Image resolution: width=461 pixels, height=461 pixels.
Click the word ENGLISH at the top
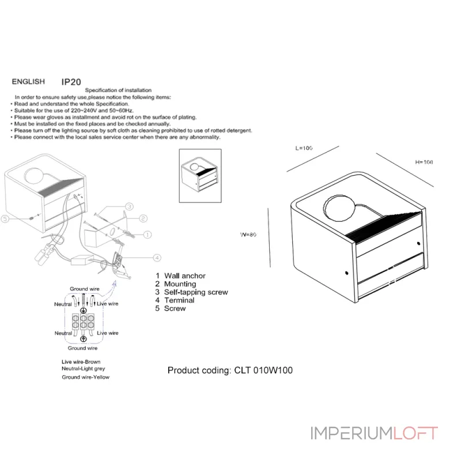(x=29, y=82)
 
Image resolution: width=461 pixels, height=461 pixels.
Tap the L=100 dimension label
(x=304, y=148)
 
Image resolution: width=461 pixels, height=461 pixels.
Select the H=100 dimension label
(x=424, y=162)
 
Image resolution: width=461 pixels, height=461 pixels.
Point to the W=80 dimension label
(x=248, y=235)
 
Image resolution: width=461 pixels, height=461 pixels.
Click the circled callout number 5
(x=6, y=218)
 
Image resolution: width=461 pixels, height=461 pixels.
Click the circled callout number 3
(x=130, y=206)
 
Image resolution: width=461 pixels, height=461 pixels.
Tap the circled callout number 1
(x=148, y=235)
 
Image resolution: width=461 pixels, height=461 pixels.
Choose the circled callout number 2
(x=143, y=219)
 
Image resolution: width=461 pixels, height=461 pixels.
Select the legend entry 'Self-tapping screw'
(x=196, y=292)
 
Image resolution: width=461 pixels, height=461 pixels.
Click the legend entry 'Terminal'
(x=179, y=300)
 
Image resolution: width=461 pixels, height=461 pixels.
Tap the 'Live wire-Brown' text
(x=81, y=361)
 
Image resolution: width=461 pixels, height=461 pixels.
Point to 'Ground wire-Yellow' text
(x=85, y=377)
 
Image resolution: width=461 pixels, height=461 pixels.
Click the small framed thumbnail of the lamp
(x=201, y=176)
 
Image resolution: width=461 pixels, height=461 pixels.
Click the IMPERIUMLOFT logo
(x=375, y=433)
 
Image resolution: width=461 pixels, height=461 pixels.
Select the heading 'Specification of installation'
(x=119, y=90)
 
